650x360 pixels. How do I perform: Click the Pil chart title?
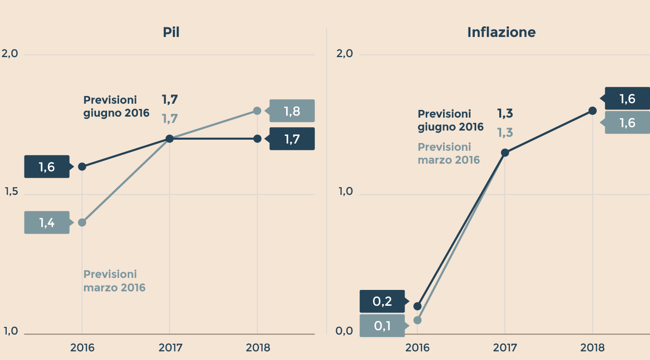point(171,33)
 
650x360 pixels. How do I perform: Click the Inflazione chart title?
point(501,33)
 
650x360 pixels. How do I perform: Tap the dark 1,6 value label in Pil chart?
point(47,167)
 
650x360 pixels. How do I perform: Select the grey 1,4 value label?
point(47,223)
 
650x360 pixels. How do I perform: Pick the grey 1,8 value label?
point(292,111)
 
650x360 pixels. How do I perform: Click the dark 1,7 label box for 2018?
point(292,139)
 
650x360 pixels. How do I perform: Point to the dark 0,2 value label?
point(382,301)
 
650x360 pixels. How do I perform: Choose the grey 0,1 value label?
point(382,326)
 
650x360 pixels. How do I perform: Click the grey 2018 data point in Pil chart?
point(257,111)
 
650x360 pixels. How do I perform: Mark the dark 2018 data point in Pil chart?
point(257,139)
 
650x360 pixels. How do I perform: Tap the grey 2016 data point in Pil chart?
point(82,222)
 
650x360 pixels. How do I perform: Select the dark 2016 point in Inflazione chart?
point(417,306)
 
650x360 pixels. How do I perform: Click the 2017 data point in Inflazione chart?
point(505,153)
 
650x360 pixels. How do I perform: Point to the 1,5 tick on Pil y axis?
point(11,192)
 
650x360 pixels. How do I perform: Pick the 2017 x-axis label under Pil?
point(170,348)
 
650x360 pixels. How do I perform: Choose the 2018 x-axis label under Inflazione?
point(592,348)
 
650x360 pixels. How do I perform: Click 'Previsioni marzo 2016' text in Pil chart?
point(114,281)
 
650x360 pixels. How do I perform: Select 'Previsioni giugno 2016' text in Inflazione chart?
point(450,120)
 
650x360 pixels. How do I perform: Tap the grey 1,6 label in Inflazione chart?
point(627,123)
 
